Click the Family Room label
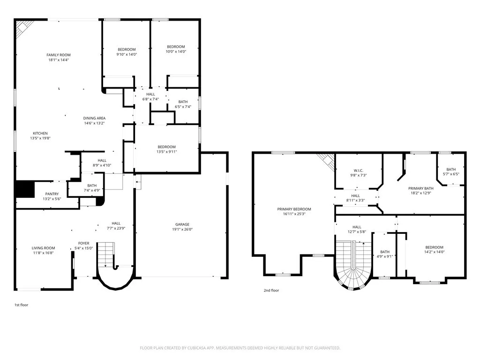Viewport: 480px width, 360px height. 59,55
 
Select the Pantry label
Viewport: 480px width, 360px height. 52,194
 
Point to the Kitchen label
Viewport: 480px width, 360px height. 40,133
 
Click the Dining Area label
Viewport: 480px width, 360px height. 95,118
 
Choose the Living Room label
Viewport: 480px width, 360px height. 44,248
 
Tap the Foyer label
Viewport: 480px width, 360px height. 84,243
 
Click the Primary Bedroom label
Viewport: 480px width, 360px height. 294,209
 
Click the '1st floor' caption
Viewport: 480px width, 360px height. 22,305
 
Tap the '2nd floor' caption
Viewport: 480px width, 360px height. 271,290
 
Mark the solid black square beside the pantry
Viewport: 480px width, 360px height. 25,189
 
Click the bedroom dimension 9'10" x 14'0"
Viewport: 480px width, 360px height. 127,54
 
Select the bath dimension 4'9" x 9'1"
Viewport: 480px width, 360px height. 385,256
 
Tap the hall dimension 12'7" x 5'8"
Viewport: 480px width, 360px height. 357,232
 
